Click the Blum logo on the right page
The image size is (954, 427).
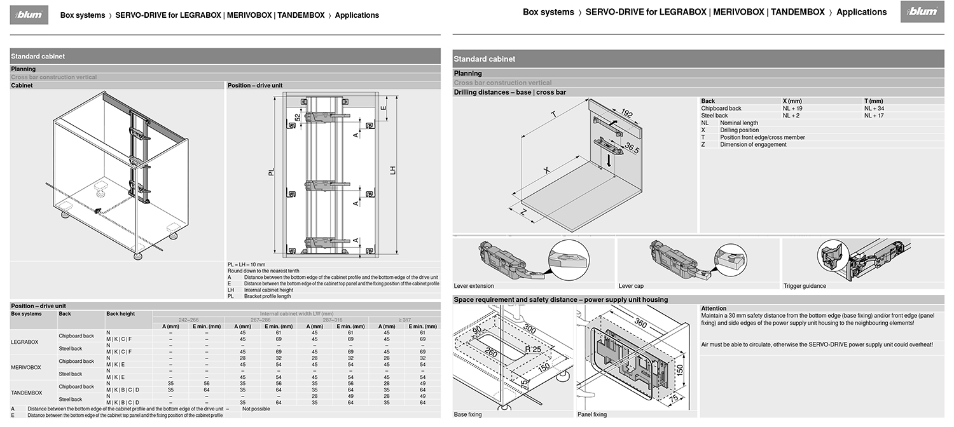click(919, 12)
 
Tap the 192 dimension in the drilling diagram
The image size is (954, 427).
click(626, 114)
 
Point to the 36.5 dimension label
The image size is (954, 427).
click(632, 149)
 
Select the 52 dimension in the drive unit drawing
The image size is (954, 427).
click(298, 118)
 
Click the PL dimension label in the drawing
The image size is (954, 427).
click(271, 172)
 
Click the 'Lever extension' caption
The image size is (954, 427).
click(473, 286)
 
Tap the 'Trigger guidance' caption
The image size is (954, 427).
click(805, 286)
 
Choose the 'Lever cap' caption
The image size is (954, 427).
click(631, 286)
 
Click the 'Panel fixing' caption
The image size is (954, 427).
click(592, 414)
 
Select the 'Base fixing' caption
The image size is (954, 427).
click(467, 414)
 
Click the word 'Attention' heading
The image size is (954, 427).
click(714, 308)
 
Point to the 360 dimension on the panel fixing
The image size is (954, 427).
click(640, 323)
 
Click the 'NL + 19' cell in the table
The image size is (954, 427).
click(792, 109)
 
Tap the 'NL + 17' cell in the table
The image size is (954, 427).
click(874, 116)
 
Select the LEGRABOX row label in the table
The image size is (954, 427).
click(25, 342)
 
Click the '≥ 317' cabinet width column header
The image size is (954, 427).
click(386, 320)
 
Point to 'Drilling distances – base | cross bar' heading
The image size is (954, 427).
click(509, 92)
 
